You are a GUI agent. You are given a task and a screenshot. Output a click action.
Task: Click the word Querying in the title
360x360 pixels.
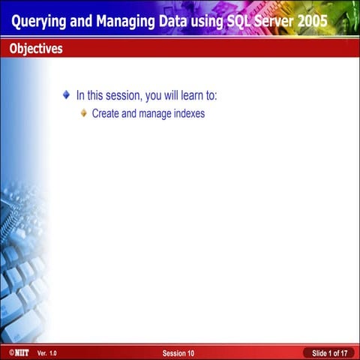[37, 22]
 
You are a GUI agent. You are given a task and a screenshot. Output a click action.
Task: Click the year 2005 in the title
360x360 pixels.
[313, 22]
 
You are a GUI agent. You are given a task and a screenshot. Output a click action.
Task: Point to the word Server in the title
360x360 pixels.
[274, 22]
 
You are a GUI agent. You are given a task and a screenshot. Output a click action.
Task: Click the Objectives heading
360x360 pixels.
[36, 49]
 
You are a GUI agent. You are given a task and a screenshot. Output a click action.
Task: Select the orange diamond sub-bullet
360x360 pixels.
[84, 113]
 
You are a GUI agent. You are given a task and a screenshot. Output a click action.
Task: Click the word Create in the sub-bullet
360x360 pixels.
[105, 114]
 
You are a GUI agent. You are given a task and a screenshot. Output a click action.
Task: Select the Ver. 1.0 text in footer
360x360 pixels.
[47, 352]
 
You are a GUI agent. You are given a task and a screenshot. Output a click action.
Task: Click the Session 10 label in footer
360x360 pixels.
[178, 352]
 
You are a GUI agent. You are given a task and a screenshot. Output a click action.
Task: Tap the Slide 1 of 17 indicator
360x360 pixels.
[329, 352]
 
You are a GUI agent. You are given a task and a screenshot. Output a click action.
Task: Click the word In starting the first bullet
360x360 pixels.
[80, 96]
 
